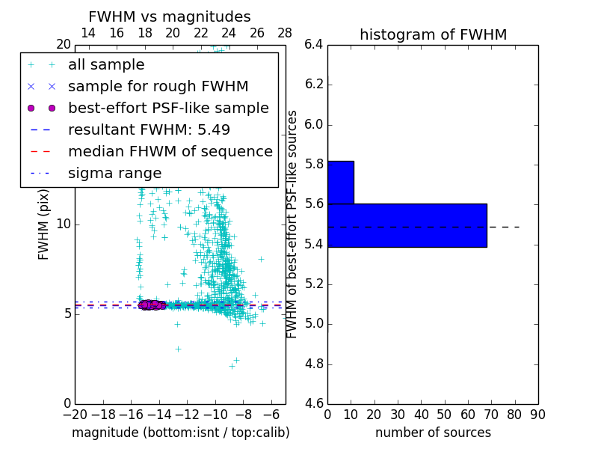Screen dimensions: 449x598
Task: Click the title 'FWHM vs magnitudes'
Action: coord(170,16)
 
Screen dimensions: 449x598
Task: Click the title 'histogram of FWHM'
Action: coord(433,34)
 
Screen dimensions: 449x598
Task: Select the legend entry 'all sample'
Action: coord(106,65)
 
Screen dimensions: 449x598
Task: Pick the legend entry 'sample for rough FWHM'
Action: coord(158,87)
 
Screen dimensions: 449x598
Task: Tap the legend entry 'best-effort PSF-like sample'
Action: coord(168,108)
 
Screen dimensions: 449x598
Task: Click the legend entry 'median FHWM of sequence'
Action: coord(170,151)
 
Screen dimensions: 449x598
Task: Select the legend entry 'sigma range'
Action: coord(114,173)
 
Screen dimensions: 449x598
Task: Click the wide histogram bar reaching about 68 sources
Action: coord(407,225)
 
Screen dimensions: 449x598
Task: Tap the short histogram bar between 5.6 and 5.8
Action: coord(340,182)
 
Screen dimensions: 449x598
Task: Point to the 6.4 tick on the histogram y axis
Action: coord(313,44)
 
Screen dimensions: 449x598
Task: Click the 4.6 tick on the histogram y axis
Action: coord(313,404)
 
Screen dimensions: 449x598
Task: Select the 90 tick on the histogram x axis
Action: coord(537,415)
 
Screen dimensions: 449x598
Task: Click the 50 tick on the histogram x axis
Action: coord(444,415)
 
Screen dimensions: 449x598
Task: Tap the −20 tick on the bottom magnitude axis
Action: coord(75,415)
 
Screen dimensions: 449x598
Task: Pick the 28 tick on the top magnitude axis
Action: coord(285,33)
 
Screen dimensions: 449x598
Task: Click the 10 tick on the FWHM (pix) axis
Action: coord(64,224)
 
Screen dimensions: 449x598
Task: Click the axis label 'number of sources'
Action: coord(433,433)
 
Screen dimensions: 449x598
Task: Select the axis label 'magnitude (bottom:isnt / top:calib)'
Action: coord(180,433)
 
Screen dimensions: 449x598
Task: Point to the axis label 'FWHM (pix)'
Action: coord(43,224)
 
